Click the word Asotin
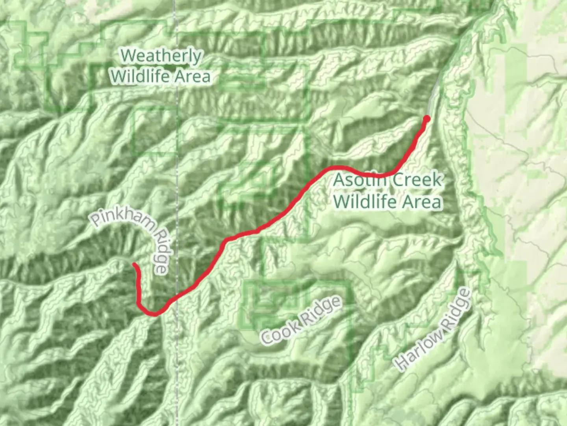coord(354,180)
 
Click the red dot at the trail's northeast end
coord(426,118)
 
